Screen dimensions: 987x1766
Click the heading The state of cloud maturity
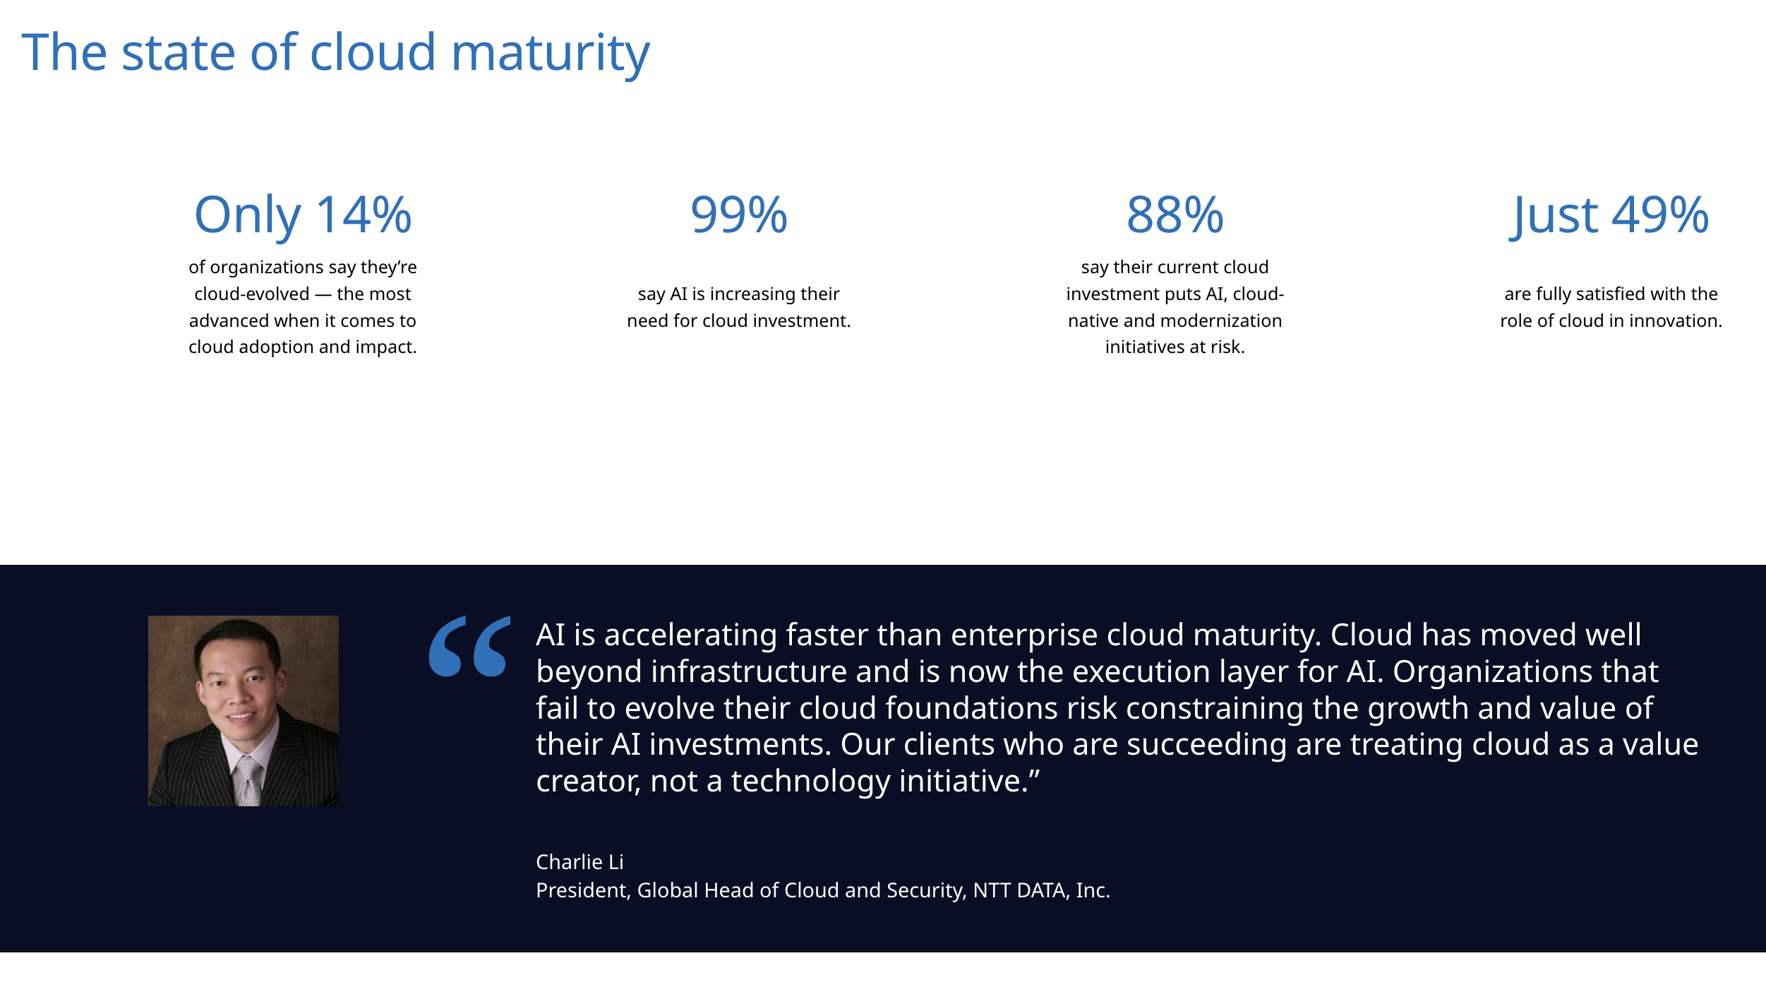335,53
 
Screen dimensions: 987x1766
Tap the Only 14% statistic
303,215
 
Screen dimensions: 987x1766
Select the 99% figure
738,215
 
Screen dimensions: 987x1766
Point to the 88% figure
1175,215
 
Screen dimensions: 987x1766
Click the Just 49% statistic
1610,215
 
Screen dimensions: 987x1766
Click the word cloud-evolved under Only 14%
252,294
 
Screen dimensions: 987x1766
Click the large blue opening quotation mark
469,646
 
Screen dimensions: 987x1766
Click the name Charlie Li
579,862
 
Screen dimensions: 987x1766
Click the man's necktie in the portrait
248,780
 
